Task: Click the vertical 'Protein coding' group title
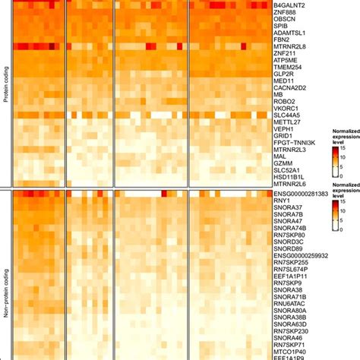(6, 95)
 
